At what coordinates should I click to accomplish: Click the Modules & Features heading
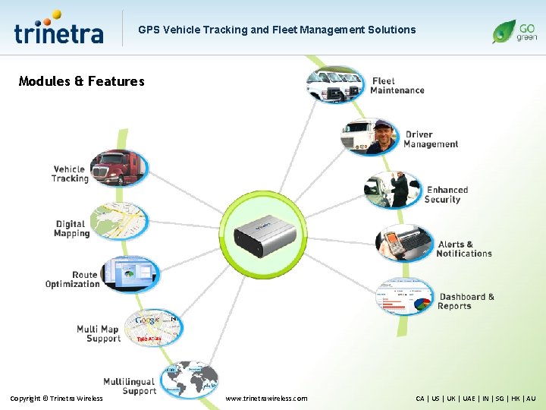tap(81, 81)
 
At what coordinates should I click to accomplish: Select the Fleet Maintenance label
tap(397, 86)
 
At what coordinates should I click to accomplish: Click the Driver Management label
tap(430, 140)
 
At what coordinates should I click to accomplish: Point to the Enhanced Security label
tap(446, 194)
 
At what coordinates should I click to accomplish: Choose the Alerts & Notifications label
tap(463, 249)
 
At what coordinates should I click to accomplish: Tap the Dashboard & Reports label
tap(466, 301)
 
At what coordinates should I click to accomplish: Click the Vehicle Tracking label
tap(70, 174)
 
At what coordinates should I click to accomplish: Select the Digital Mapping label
tap(71, 229)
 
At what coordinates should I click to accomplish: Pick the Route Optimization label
tap(73, 279)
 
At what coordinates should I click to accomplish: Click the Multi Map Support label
tap(99, 333)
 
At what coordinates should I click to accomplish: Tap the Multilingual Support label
tap(130, 386)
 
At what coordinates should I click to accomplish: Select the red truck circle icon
tap(117, 169)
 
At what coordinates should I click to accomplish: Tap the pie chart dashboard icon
tap(405, 296)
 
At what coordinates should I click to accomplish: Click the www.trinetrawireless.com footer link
tap(267, 398)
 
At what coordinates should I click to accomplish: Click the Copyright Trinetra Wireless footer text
tap(56, 398)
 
